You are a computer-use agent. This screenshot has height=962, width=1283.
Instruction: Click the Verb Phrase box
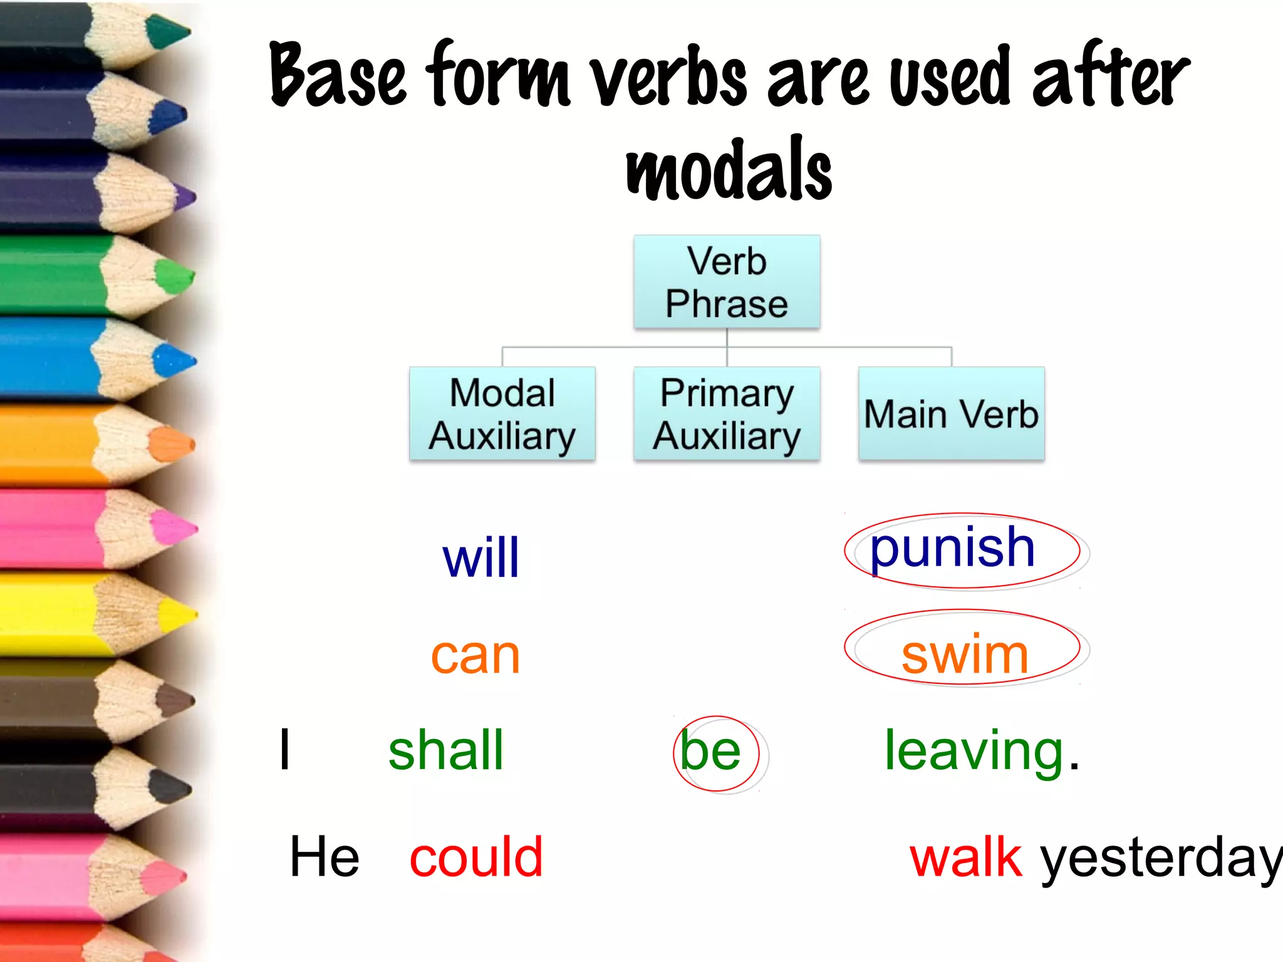click(x=727, y=282)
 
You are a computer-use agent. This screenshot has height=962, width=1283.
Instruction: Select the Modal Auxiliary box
click(x=502, y=414)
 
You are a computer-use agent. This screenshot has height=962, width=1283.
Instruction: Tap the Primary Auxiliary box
click(x=727, y=414)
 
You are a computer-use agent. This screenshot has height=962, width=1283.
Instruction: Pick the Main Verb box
click(x=951, y=414)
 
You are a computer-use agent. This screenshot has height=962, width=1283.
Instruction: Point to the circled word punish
click(x=952, y=549)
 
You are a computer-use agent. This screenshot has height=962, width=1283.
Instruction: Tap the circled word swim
click(x=965, y=655)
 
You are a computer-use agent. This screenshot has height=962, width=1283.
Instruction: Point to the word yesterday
click(x=1159, y=859)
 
